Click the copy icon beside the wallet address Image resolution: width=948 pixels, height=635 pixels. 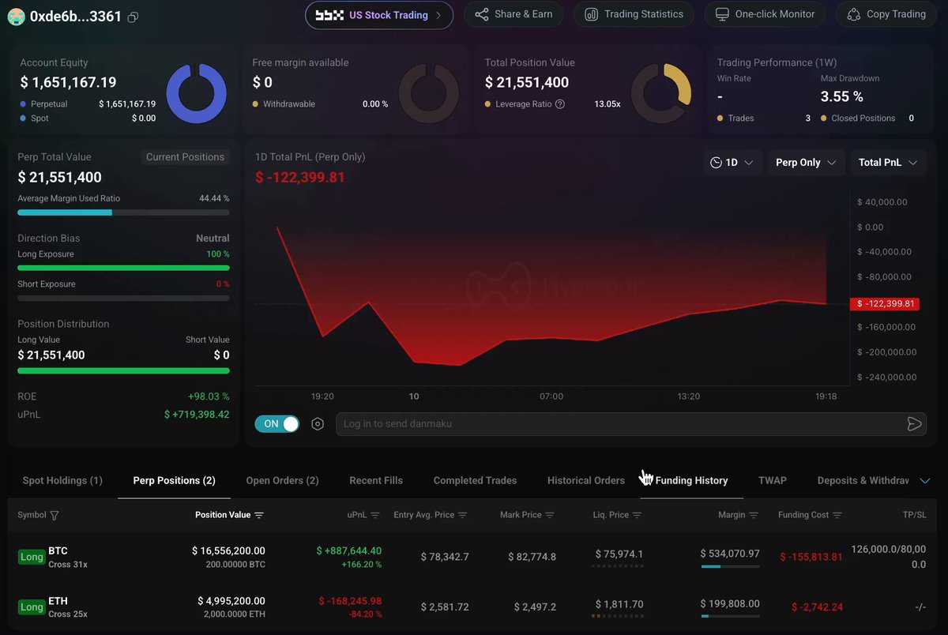pyautogui.click(x=133, y=17)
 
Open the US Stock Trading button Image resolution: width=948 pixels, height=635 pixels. pyautogui.click(x=378, y=15)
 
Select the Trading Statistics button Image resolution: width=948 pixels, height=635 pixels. pyautogui.click(x=634, y=14)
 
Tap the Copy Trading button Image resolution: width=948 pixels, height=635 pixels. pyautogui.click(x=886, y=14)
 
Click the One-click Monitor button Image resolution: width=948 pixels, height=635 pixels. pyautogui.click(x=765, y=14)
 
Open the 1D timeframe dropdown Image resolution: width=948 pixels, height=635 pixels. pyautogui.click(x=732, y=163)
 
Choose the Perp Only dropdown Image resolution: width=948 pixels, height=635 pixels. pyautogui.click(x=806, y=163)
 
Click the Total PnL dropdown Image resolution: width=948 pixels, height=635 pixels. pyautogui.click(x=887, y=163)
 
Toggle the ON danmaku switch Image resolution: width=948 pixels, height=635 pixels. pyautogui.click(x=277, y=424)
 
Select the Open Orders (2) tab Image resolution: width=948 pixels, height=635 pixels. pyautogui.click(x=282, y=480)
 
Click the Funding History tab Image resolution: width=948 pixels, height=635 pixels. pyautogui.click(x=691, y=480)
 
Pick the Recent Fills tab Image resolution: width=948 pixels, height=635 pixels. pyautogui.click(x=376, y=480)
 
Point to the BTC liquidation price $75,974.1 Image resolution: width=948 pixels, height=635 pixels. pyautogui.click(x=619, y=554)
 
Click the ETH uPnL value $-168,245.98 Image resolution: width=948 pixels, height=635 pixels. pyautogui.click(x=350, y=601)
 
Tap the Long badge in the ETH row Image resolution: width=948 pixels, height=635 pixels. pyautogui.click(x=32, y=607)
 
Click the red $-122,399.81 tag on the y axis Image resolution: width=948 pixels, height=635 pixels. pyautogui.click(x=885, y=304)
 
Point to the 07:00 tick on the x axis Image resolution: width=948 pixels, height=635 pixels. pyautogui.click(x=551, y=396)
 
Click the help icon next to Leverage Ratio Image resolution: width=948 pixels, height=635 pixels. pyautogui.click(x=560, y=104)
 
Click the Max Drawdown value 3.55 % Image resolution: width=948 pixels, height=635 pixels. pyautogui.click(x=842, y=96)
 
